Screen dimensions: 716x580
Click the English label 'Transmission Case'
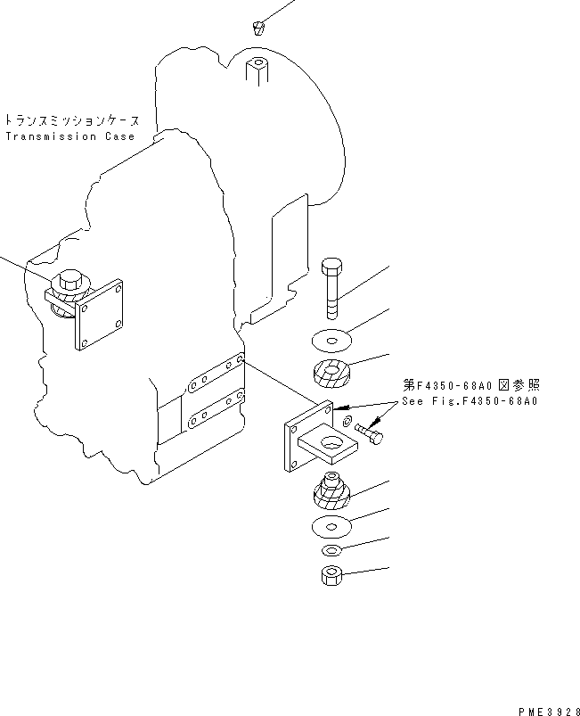coord(69,136)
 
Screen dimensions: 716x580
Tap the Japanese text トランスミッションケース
coord(78,119)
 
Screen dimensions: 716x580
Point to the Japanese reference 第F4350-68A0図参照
coord(470,386)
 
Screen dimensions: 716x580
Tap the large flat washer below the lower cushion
coord(331,526)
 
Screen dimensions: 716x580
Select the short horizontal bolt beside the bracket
coord(370,433)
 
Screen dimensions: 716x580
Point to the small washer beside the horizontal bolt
coord(347,419)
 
